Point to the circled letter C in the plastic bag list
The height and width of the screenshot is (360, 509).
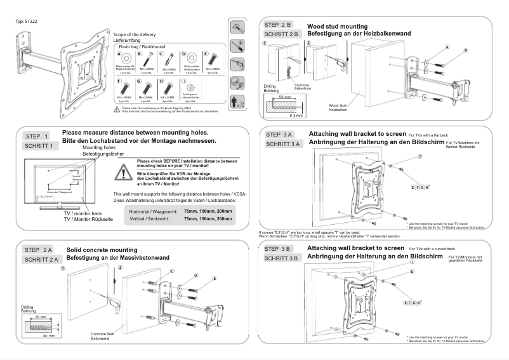click(x=165, y=55)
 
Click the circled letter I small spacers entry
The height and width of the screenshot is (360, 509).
click(x=184, y=82)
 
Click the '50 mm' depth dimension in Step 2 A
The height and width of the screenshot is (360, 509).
click(x=41, y=316)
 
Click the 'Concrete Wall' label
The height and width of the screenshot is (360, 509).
click(x=102, y=333)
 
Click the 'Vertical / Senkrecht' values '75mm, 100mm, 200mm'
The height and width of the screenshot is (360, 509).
click(x=207, y=218)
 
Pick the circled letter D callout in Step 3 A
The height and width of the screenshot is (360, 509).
click(x=420, y=156)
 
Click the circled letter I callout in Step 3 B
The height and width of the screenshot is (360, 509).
click(x=413, y=262)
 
